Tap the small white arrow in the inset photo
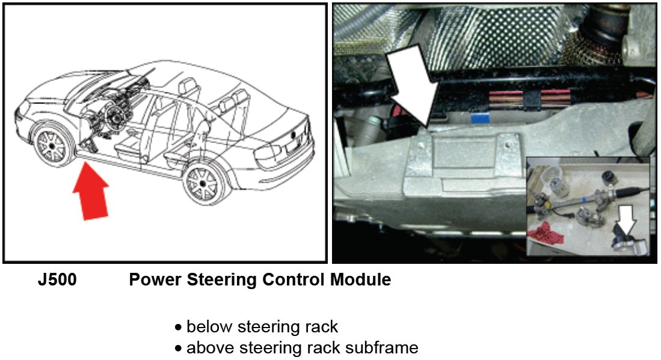coord(626,223)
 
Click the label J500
coord(57,280)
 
